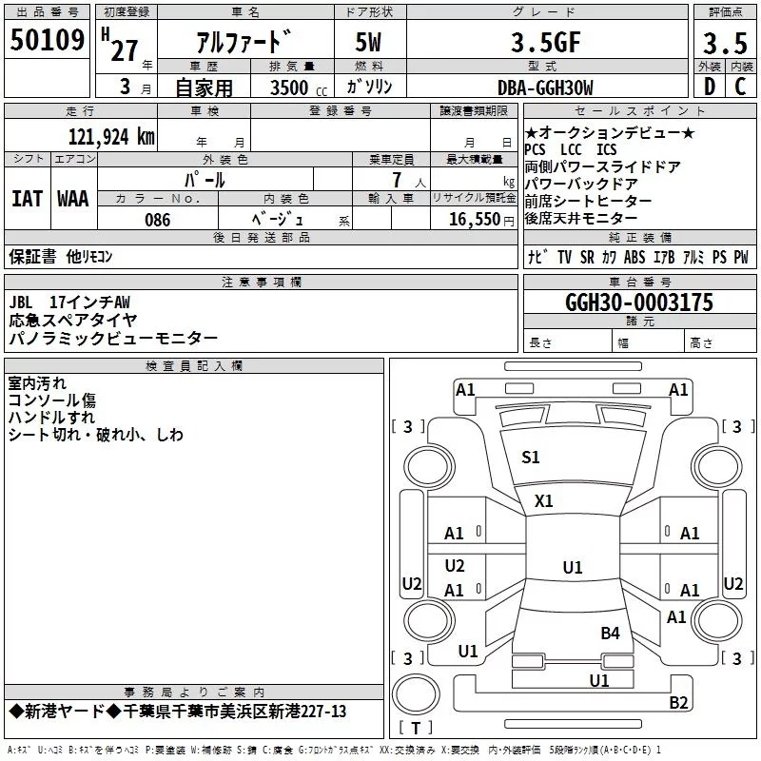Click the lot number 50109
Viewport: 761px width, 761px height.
(x=47, y=40)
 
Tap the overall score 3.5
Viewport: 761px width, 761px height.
(x=725, y=45)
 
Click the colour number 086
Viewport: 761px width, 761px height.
(x=158, y=220)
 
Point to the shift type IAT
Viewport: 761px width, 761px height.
(x=27, y=199)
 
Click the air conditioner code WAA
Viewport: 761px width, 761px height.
(x=72, y=199)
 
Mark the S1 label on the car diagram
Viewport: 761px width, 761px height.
(x=531, y=458)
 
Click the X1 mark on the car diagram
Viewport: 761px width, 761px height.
(x=544, y=500)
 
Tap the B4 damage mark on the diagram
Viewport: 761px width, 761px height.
(x=610, y=633)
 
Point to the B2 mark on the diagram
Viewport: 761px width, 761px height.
(x=678, y=703)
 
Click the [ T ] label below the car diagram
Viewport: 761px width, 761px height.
(x=415, y=728)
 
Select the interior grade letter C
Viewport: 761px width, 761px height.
(x=739, y=88)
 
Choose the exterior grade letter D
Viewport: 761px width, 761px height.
(x=709, y=88)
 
